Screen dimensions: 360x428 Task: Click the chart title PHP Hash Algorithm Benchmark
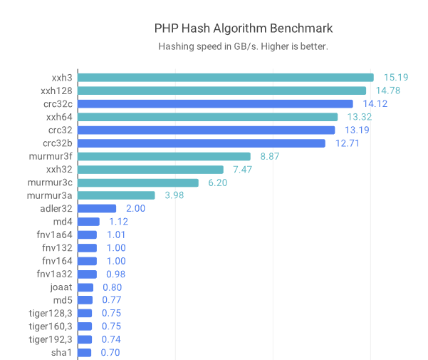(244, 29)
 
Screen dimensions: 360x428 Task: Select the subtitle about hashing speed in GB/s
(243, 46)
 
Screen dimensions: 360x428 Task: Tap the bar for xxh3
(225, 77)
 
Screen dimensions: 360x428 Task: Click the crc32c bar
(215, 103)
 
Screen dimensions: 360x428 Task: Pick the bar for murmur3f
(164, 156)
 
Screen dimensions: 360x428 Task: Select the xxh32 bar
(150, 169)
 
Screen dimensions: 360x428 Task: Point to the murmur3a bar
(116, 195)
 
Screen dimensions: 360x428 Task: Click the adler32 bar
(97, 208)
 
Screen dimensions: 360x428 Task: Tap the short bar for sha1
(85, 352)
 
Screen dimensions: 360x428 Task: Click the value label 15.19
(395, 77)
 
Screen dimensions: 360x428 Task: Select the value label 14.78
(387, 91)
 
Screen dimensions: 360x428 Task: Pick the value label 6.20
(218, 182)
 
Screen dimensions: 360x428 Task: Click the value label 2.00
(135, 208)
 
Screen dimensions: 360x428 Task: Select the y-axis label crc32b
(57, 143)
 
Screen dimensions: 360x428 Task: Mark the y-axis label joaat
(60, 287)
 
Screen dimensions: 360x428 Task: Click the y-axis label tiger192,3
(50, 339)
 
